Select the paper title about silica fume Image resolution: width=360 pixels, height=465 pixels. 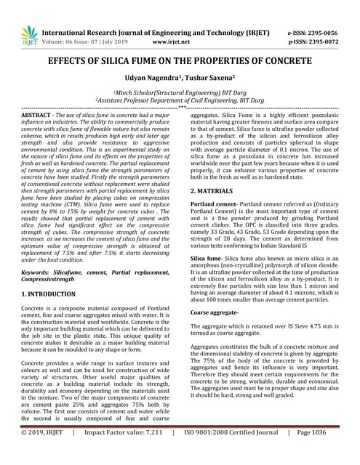(180, 62)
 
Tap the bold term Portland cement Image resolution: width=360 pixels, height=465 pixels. (215, 206)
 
